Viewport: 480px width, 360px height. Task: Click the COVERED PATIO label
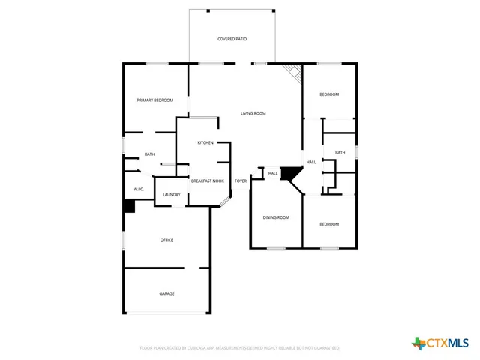pos(232,38)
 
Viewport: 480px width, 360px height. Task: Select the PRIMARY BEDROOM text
pos(154,100)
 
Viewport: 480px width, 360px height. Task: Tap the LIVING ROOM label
pos(253,113)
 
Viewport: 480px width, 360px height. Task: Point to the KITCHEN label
pos(205,142)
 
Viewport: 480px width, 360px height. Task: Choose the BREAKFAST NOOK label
pos(207,181)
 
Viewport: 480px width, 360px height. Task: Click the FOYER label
pos(241,181)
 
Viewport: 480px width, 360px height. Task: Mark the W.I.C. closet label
pos(139,189)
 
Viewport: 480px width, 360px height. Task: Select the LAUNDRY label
pos(171,195)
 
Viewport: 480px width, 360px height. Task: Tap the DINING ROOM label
pos(276,217)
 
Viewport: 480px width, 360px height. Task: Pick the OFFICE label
pos(166,240)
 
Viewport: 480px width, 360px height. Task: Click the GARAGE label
pos(166,293)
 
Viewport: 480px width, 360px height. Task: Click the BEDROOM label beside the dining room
pos(329,224)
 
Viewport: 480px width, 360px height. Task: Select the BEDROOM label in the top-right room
pos(329,94)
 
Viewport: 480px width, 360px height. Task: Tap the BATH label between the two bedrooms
pos(340,153)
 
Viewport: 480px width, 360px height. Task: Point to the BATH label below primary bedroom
pos(150,154)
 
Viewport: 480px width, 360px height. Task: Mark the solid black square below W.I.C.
pos(129,206)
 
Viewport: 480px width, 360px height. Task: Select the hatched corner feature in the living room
pos(293,72)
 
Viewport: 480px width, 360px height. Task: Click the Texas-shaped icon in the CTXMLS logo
pos(418,343)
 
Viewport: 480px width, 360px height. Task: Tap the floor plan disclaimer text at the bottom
pos(239,348)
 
